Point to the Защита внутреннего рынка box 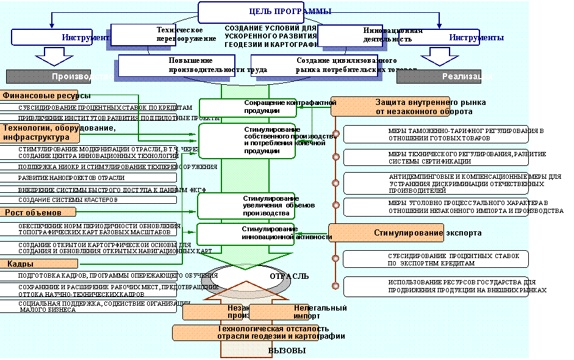point(391,107)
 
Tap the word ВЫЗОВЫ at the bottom point(286,351)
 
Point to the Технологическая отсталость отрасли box point(256,333)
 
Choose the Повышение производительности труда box point(183,65)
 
